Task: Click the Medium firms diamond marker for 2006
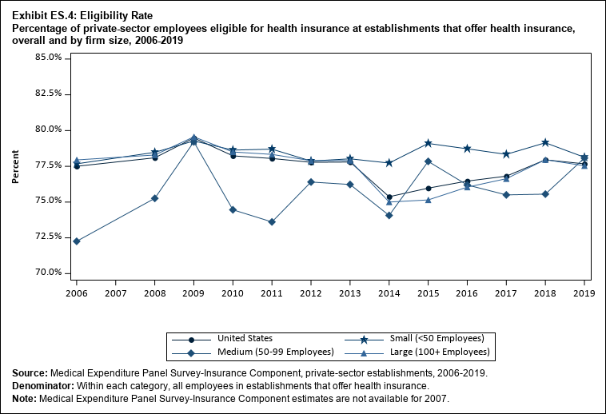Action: click(77, 241)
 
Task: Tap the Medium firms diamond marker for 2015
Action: click(429, 161)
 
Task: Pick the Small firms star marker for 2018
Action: click(545, 142)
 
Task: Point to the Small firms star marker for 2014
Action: click(389, 163)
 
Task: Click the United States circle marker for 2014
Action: click(389, 197)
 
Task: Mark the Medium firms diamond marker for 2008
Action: click(155, 198)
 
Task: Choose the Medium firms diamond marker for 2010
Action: click(233, 210)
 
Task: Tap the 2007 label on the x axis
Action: click(116, 293)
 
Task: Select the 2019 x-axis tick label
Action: click(584, 293)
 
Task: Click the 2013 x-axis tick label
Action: click(350, 293)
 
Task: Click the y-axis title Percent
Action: click(15, 165)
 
